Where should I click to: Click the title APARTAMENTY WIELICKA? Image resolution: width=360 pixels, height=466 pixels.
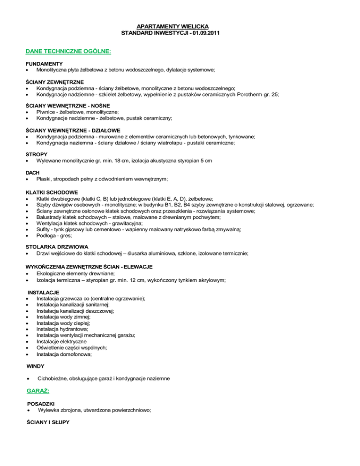pos(180,26)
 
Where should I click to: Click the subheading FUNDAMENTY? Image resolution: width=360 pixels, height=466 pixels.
pos(45,63)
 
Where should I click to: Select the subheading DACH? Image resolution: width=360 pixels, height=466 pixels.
pos(33,173)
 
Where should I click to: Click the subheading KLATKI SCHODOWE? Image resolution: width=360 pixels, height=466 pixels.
pos(52,192)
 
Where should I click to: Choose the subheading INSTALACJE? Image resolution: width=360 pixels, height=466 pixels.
pos(43,292)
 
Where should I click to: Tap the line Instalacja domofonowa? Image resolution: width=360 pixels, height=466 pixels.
pos(64,355)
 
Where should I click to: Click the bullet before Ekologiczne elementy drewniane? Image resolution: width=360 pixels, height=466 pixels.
pos(29,274)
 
